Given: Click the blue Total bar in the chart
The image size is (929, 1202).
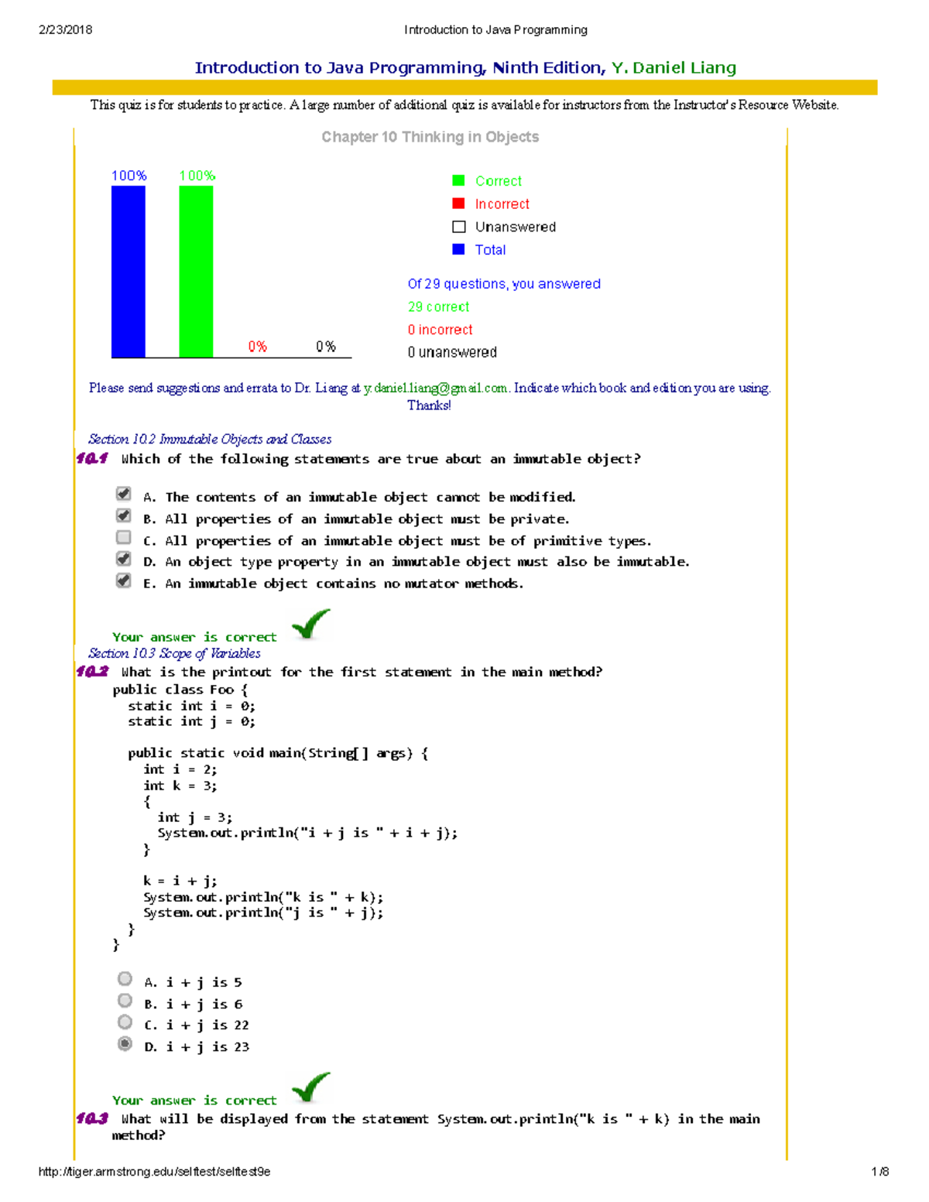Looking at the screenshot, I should (128, 271).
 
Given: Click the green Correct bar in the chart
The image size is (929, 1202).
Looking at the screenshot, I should (196, 271).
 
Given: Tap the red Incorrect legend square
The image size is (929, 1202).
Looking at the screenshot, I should (458, 204).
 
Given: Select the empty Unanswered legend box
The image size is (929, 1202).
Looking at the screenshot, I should (458, 227).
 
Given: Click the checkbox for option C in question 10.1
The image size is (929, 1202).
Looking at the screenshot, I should (124, 537).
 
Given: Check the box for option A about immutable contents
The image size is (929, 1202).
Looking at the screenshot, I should (124, 494).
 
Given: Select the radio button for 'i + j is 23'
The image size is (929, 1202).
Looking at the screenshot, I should (125, 1044).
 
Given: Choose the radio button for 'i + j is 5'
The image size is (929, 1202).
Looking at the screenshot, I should (125, 979).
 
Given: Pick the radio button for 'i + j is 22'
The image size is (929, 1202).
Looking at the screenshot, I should (125, 1022).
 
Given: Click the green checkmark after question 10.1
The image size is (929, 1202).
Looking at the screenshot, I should (310, 623).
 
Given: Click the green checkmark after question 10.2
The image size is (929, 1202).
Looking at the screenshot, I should (310, 1087).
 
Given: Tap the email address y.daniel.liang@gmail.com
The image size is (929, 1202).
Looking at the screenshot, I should (436, 388).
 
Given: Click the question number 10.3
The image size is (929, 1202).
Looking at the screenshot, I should (92, 1118).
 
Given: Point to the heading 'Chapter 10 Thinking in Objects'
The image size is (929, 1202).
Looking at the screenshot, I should (430, 137).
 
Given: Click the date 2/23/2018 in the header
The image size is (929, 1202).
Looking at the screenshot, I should (65, 30).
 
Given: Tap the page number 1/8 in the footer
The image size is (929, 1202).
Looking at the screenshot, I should (879, 1172).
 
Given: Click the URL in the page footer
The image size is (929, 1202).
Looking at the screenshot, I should (154, 1172).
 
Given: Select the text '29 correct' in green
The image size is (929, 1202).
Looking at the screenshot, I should (438, 306).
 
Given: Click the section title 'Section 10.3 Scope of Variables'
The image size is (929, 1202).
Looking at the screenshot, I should (174, 653).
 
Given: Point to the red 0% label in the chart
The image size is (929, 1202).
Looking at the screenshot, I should (257, 346).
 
